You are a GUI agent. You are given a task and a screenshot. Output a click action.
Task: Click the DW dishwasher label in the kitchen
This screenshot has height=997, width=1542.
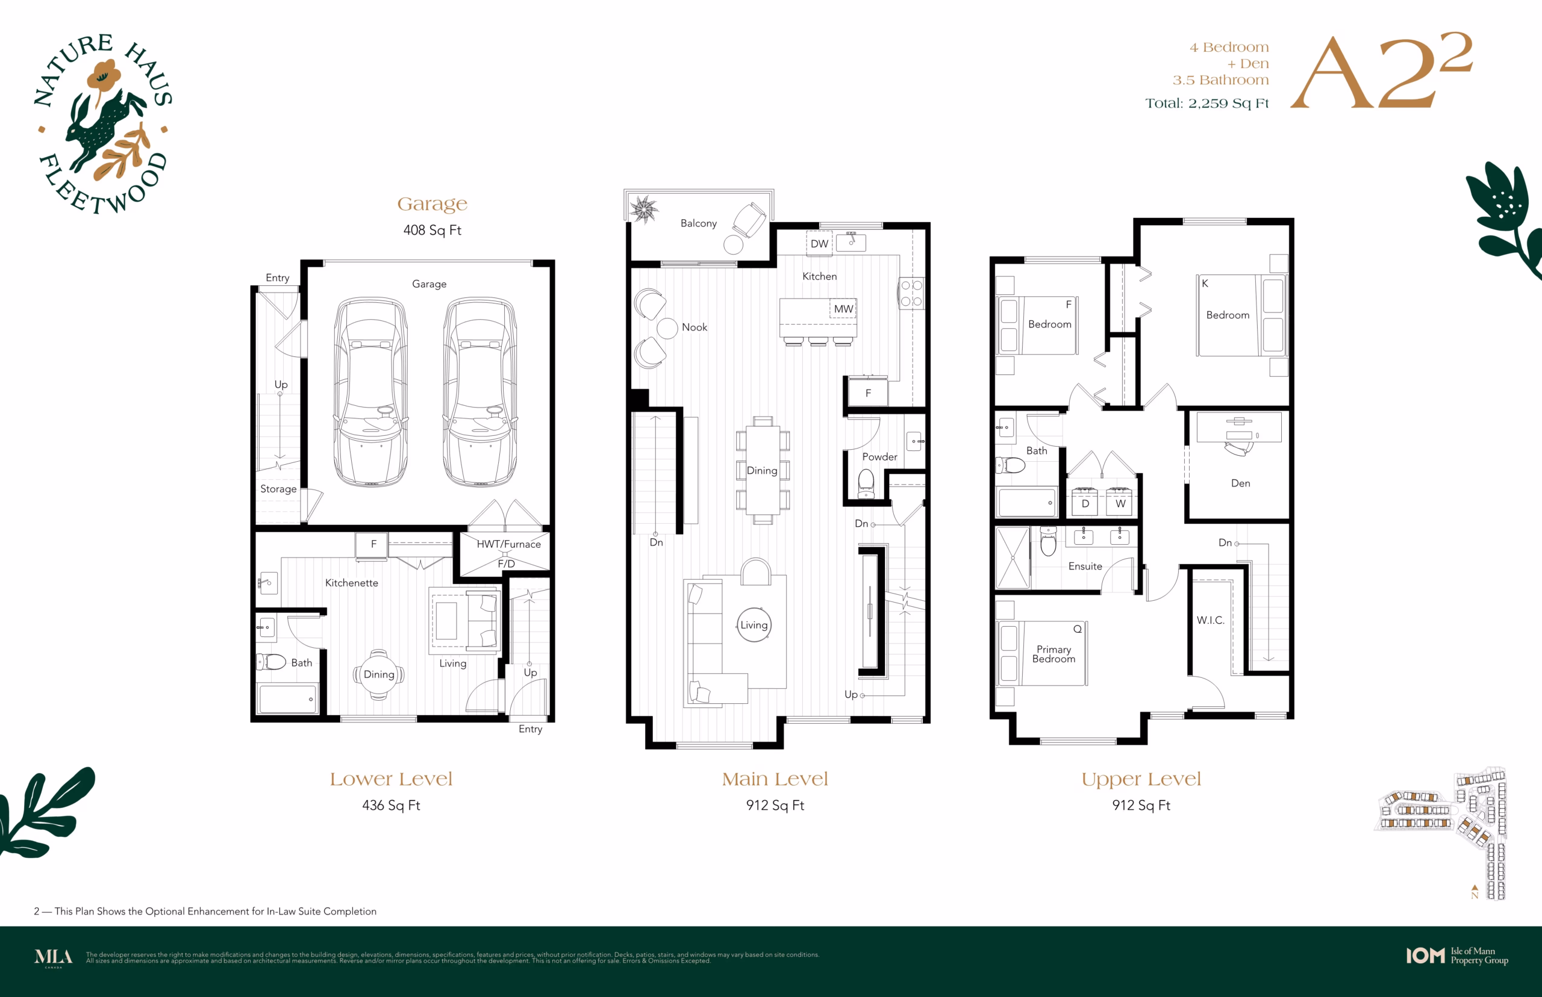click(x=819, y=243)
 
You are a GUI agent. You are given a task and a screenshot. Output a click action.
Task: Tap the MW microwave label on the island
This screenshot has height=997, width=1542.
click(x=843, y=309)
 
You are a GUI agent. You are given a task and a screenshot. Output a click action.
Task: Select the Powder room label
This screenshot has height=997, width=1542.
click(x=879, y=456)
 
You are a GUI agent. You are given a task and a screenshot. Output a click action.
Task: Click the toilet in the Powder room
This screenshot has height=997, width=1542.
click(x=866, y=483)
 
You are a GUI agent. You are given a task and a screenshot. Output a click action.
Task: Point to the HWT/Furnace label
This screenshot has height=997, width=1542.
click(x=508, y=544)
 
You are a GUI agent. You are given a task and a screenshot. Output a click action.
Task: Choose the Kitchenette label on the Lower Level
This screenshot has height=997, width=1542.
click(x=352, y=583)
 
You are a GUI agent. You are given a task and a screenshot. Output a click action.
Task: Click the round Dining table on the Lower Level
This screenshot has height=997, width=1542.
click(x=379, y=674)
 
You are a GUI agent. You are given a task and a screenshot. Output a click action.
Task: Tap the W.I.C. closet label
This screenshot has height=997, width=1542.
click(x=1211, y=620)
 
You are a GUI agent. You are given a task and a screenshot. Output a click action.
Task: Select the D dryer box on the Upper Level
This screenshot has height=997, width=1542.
click(x=1085, y=502)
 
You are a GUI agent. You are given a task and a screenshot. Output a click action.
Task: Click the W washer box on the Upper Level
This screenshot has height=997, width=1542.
click(x=1120, y=502)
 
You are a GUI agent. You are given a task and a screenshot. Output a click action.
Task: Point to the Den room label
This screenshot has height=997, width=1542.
click(x=1240, y=483)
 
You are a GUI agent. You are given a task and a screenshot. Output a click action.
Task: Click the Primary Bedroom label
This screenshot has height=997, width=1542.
click(x=1053, y=654)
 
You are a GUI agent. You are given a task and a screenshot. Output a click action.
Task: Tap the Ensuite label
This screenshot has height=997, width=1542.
click(x=1085, y=566)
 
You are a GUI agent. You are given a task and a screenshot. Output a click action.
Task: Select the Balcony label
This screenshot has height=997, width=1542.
click(x=698, y=223)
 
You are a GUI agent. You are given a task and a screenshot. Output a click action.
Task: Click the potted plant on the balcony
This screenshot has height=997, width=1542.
click(x=644, y=209)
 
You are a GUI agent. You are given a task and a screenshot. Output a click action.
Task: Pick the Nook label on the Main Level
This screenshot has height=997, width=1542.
click(x=695, y=327)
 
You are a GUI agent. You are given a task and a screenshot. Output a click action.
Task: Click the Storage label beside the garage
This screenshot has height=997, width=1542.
click(x=278, y=489)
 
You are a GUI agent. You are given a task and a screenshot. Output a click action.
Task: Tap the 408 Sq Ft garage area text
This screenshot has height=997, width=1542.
click(x=432, y=230)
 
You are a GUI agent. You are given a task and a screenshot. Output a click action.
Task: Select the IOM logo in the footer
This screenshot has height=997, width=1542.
click(x=1425, y=955)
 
